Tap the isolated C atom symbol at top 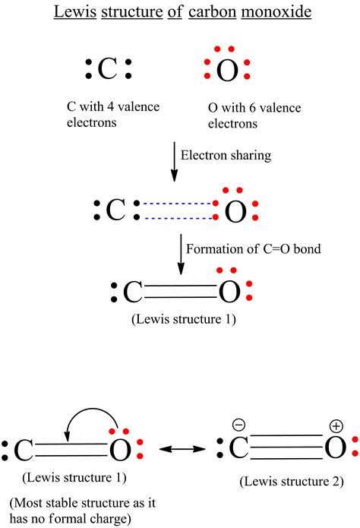click(x=108, y=69)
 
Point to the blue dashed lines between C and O click(x=176, y=211)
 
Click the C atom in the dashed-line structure click(x=115, y=210)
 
